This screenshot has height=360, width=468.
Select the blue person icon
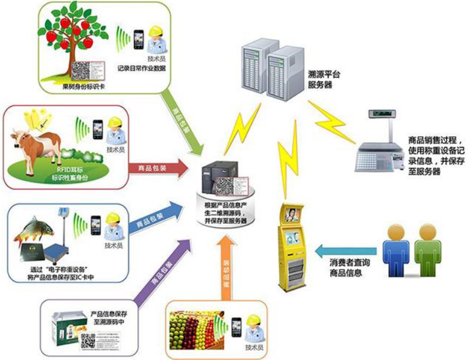point(397,246)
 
